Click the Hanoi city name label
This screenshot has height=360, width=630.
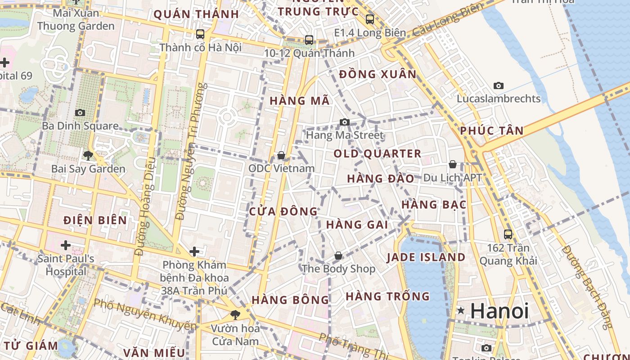pos(499,311)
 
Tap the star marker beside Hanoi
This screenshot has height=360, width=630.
pos(460,310)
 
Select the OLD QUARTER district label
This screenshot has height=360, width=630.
pos(377,154)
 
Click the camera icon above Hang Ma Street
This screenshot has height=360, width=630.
pos(344,122)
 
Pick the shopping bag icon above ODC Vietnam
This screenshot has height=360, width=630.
pos(281,155)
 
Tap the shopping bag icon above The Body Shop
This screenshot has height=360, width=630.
pos(338,256)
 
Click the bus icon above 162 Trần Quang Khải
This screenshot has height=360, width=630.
pos(508,234)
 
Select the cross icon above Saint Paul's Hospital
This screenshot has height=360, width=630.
pos(66,245)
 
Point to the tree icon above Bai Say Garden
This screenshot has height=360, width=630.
pos(88,156)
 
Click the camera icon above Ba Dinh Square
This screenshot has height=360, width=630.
pos(80,112)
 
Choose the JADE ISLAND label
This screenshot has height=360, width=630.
pos(426,257)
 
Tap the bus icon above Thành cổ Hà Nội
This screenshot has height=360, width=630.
pos(200,34)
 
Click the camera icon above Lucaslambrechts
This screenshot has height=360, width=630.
pos(499,85)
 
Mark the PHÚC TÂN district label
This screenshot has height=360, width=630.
pos(492,131)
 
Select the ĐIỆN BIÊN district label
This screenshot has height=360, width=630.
pos(95,220)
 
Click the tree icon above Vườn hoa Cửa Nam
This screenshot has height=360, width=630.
pos(234,315)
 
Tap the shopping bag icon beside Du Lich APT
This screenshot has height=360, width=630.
pos(453,164)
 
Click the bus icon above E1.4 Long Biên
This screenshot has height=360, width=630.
pos(370,19)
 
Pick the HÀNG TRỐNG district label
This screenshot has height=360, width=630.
pos(387,297)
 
